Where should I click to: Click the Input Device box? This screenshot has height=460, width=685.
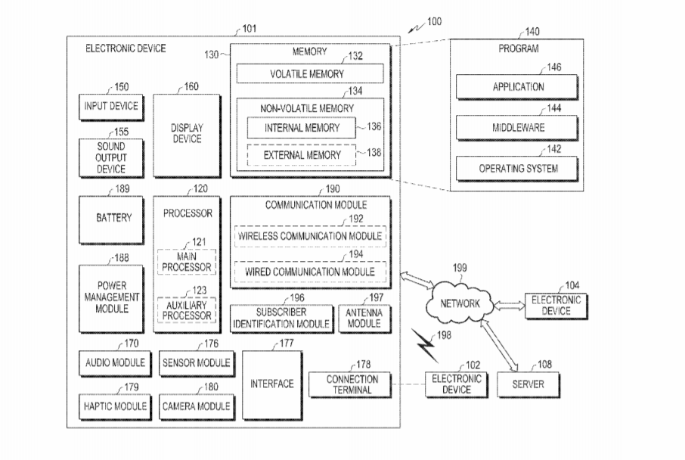(x=111, y=106)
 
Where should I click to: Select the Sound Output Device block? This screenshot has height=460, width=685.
(x=111, y=157)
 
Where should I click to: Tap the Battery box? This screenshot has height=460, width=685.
(x=113, y=218)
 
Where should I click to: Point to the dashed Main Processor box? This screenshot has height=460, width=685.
(x=186, y=262)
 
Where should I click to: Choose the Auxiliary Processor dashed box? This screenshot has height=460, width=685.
(x=186, y=309)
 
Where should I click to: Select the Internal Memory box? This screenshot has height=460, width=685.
(x=302, y=128)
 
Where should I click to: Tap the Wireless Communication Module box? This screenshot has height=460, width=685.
(x=311, y=235)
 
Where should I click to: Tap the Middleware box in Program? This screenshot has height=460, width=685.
(x=518, y=128)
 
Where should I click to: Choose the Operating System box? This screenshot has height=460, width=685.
(x=518, y=168)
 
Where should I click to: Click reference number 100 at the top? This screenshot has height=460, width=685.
(x=435, y=21)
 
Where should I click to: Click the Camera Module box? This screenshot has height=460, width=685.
(x=196, y=406)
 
